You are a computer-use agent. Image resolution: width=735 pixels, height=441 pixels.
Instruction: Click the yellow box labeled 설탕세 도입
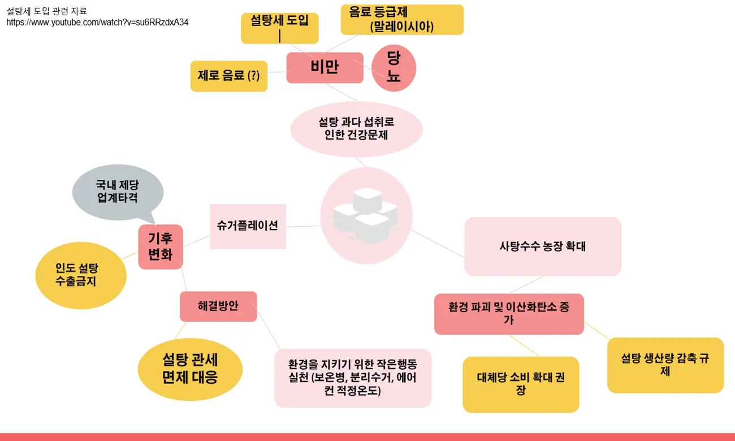tap(279, 28)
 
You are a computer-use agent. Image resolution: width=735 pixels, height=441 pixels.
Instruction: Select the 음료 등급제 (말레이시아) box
tap(402, 20)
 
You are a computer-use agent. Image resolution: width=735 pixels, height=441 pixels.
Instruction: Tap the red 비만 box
tap(325, 67)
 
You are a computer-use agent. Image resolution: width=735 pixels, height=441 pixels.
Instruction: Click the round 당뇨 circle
tap(394, 68)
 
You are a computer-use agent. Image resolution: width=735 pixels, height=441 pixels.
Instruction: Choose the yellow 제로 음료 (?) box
tap(228, 76)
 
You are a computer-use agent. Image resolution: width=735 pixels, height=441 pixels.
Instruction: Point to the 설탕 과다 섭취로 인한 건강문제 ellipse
tap(356, 129)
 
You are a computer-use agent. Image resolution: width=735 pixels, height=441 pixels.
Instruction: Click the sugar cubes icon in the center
tap(365, 215)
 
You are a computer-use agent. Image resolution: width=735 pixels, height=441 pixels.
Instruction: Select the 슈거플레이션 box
tap(248, 226)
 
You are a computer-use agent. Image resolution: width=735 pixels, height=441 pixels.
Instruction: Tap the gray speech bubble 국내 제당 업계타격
tap(118, 192)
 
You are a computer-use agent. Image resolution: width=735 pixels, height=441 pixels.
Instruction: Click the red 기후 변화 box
tap(161, 247)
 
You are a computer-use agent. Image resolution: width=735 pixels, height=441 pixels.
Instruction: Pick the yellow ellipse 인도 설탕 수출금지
tap(81, 275)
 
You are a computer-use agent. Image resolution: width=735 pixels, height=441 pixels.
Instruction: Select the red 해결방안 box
tap(218, 306)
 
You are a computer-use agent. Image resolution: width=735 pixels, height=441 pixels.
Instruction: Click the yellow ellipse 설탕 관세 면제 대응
tap(190, 369)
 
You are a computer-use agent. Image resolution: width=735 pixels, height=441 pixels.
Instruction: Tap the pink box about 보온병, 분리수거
tap(353, 378)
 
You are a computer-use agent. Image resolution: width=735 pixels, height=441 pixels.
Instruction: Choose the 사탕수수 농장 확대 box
tap(543, 247)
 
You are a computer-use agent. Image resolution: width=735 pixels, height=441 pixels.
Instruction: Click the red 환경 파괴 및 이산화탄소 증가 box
tap(509, 314)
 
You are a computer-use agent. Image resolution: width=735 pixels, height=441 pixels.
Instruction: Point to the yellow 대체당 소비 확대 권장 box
tap(521, 384)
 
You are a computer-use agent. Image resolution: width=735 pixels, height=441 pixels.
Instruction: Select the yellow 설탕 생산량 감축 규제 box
tap(665, 365)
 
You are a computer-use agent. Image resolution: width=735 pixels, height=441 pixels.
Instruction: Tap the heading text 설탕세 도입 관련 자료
tap(47, 11)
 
